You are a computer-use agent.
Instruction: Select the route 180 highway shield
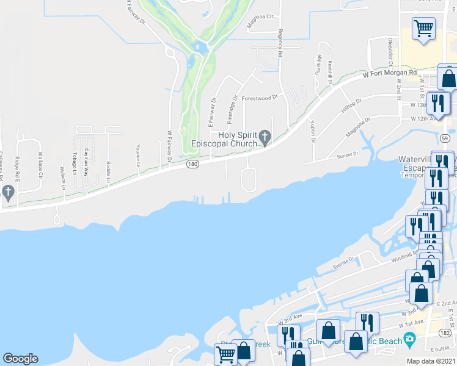[x=192, y=165]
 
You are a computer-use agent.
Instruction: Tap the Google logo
[x=20, y=359]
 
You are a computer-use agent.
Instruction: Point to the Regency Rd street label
[x=280, y=43]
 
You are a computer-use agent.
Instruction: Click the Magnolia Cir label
[x=258, y=26]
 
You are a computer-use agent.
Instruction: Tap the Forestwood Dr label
[x=259, y=96]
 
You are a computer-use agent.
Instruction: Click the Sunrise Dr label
[x=343, y=262]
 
